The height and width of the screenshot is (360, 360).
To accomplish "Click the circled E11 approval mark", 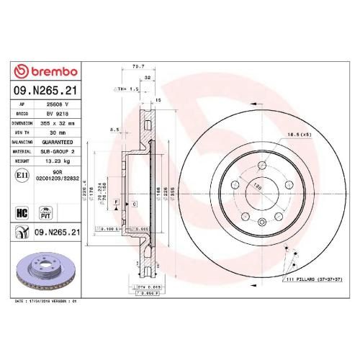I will click(22, 175).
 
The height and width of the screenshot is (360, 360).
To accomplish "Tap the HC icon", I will click(22, 212).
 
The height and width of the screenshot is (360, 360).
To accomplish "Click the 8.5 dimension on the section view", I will click(114, 130).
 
